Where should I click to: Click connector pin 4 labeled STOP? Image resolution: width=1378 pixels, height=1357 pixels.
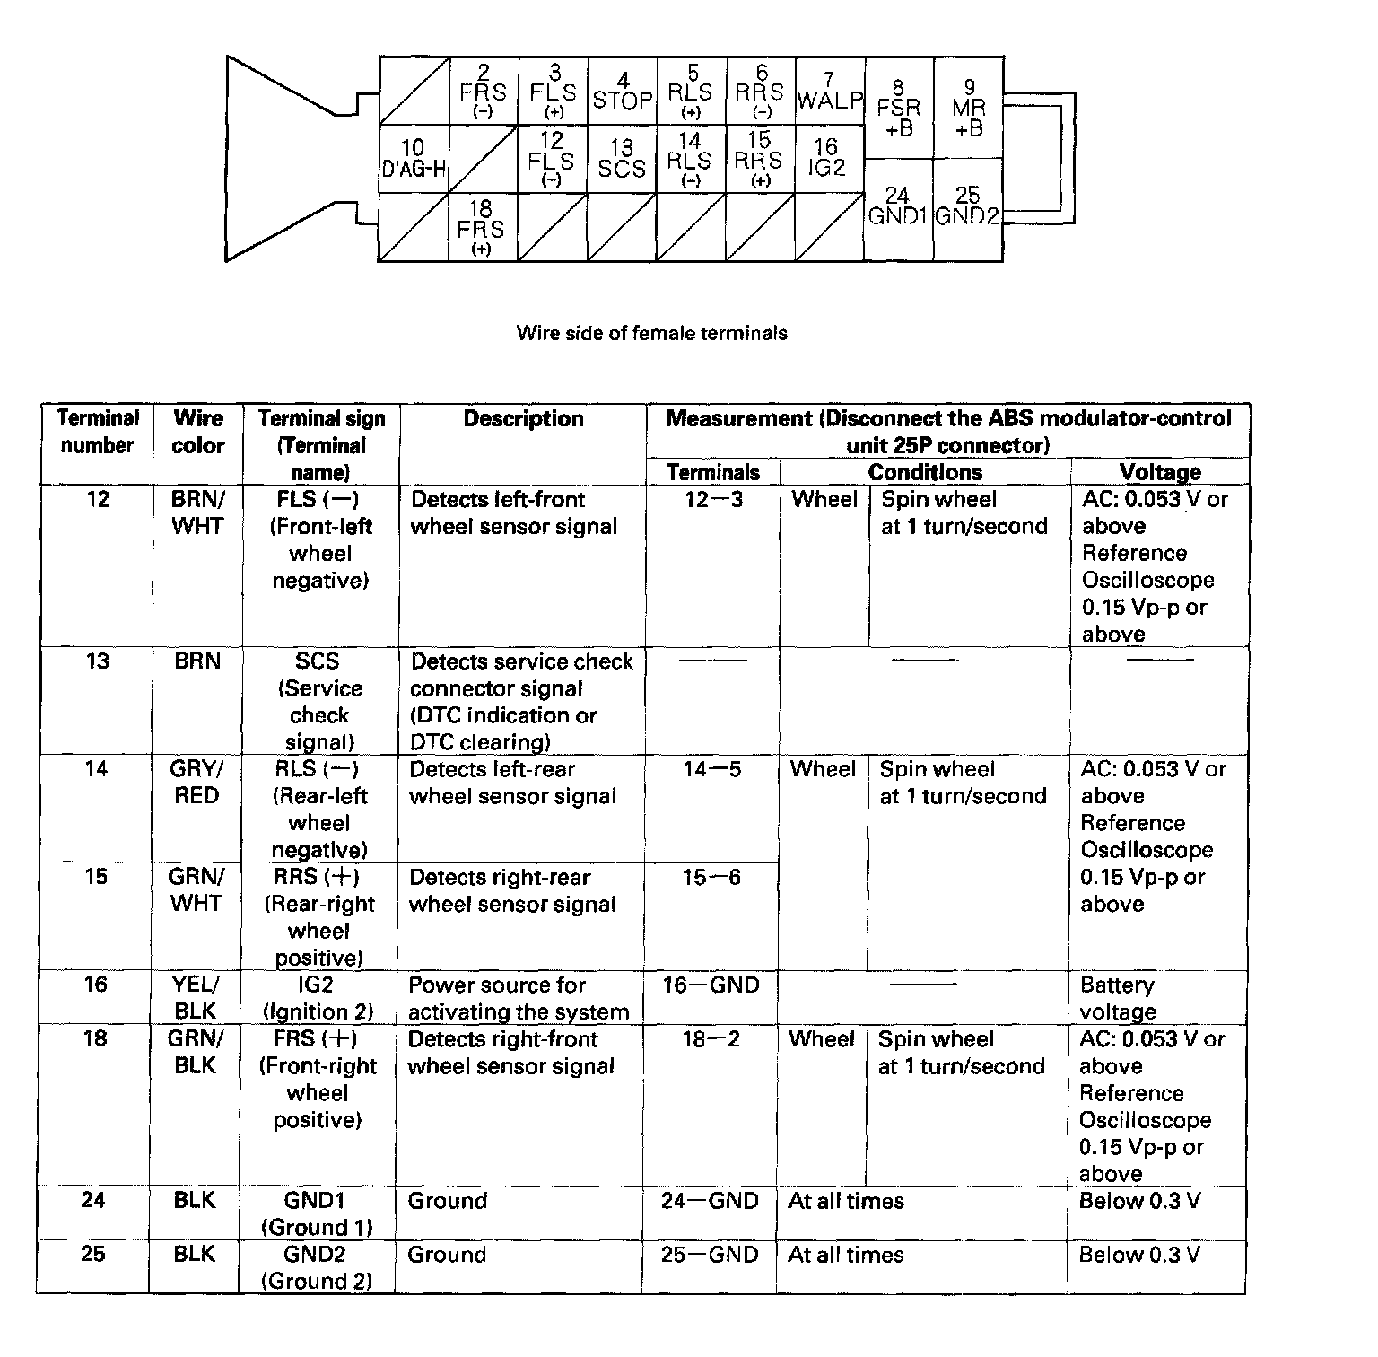click(x=623, y=92)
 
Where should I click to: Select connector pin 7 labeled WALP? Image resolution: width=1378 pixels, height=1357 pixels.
click(x=830, y=92)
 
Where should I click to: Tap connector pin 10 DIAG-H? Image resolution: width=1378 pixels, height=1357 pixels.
click(x=414, y=158)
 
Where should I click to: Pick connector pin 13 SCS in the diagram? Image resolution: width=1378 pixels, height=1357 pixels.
click(x=622, y=159)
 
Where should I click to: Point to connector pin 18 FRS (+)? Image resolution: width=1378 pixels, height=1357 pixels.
click(x=481, y=228)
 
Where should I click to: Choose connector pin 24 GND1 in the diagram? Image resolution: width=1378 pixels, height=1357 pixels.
click(x=897, y=207)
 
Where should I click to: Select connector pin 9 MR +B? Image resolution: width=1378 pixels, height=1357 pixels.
click(x=969, y=109)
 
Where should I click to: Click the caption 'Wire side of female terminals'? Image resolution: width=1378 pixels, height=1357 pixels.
click(x=652, y=333)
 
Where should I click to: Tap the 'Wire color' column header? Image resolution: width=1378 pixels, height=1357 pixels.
click(x=197, y=432)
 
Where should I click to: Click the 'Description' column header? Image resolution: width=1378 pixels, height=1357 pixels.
click(x=523, y=419)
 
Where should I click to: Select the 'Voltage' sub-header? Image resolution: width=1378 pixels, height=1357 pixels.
click(x=1160, y=472)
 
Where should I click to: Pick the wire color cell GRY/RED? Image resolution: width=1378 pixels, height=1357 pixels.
click(x=196, y=783)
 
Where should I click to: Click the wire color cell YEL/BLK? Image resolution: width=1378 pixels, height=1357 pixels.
click(x=196, y=998)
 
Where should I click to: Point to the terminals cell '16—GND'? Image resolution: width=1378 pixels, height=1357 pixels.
click(x=711, y=985)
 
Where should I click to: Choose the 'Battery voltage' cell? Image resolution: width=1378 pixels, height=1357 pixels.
click(x=1118, y=998)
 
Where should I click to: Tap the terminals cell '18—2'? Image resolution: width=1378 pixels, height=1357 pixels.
click(x=711, y=1039)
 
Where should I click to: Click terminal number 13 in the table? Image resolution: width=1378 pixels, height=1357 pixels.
click(x=97, y=661)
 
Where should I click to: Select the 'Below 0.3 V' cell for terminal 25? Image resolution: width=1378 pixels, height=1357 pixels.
click(x=1139, y=1255)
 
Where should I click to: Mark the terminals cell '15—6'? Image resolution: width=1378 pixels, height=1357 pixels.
click(x=711, y=878)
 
